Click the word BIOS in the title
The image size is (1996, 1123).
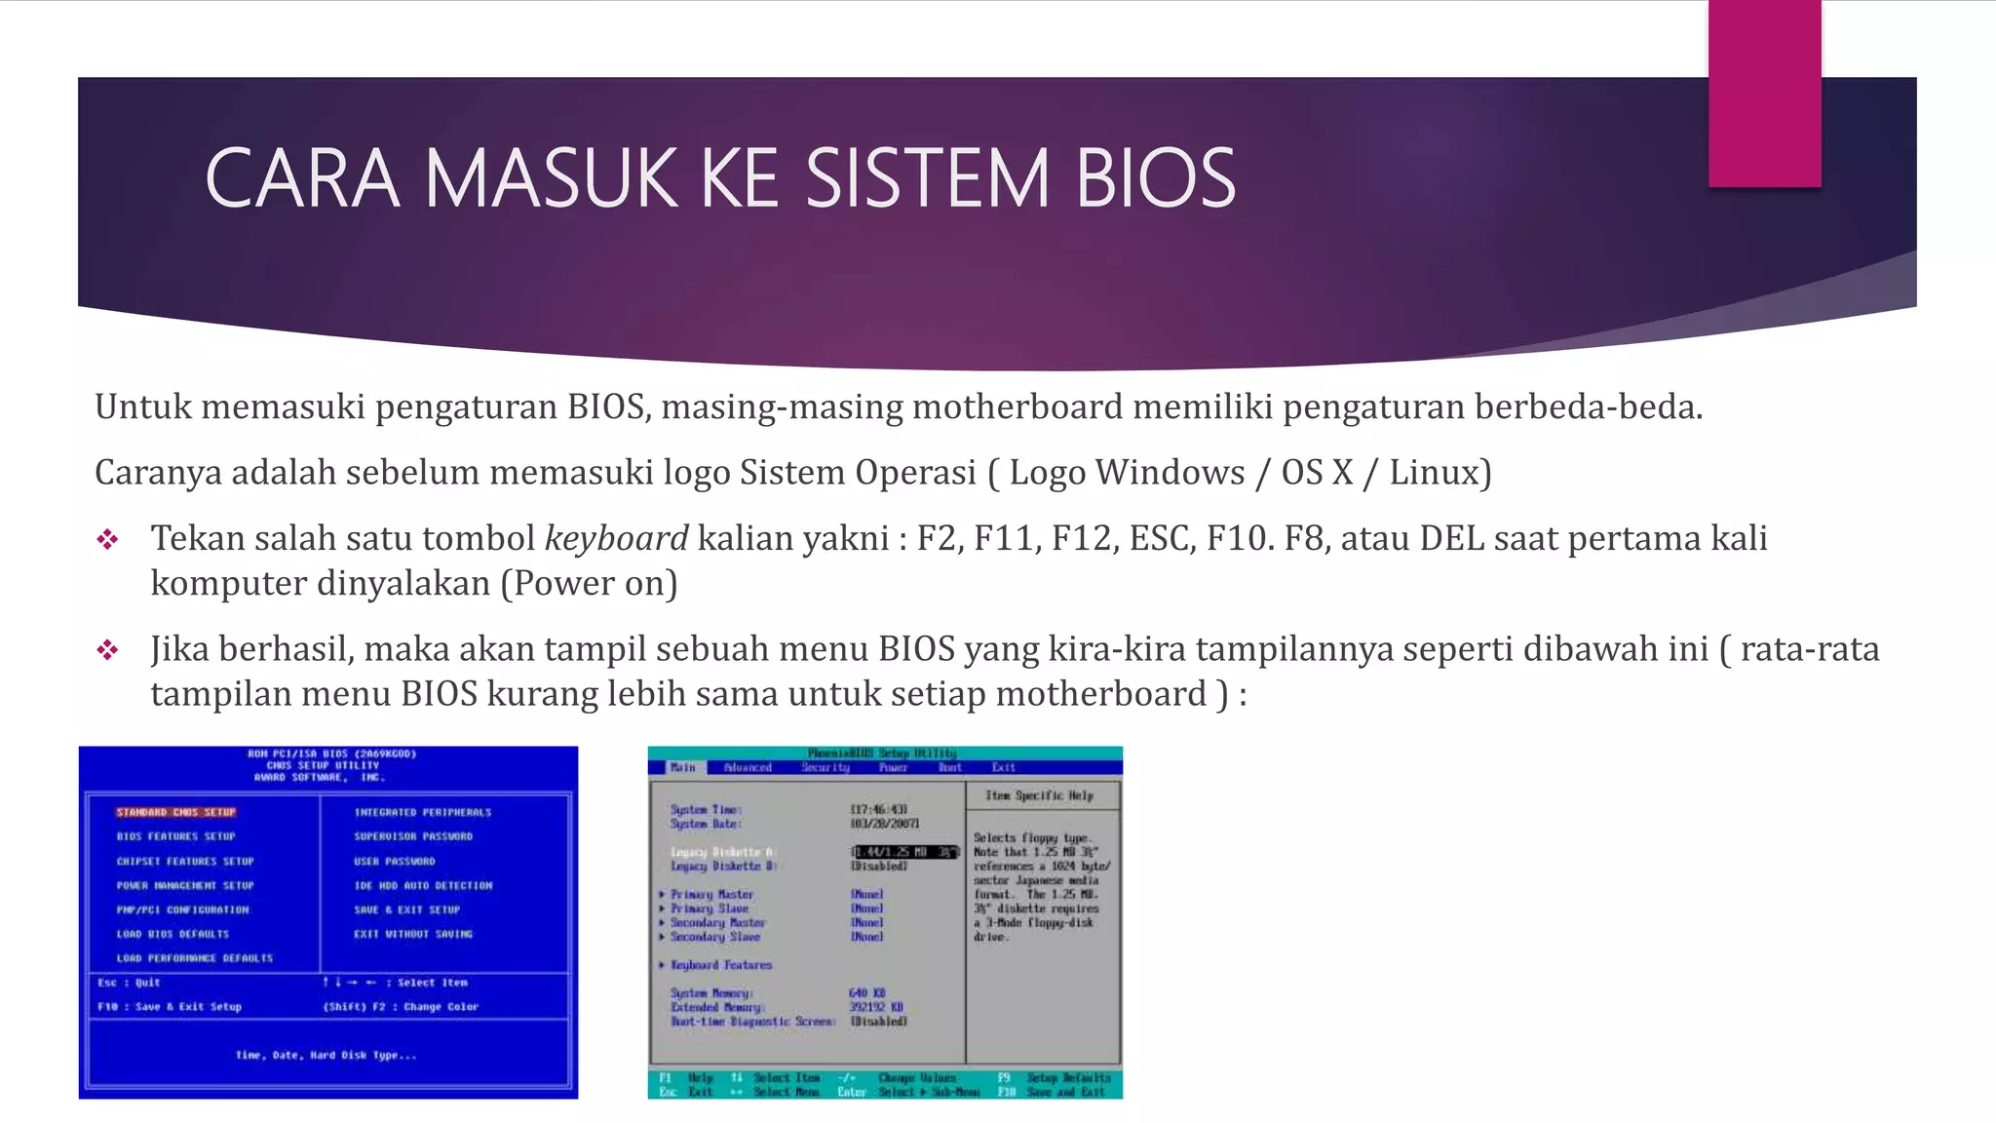point(1156,178)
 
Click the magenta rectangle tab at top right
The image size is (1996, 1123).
point(1764,93)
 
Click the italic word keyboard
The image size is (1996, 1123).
point(616,538)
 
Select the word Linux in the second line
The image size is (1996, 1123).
point(1434,473)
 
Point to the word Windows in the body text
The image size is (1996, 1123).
point(1170,473)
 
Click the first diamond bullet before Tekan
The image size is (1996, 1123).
point(107,539)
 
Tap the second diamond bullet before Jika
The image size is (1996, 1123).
point(107,650)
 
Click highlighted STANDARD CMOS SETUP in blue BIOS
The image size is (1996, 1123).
point(175,812)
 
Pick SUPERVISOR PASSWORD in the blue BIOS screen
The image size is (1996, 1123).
point(412,836)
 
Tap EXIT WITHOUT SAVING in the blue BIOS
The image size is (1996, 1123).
point(412,934)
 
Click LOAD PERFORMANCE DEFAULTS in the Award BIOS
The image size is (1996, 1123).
point(194,958)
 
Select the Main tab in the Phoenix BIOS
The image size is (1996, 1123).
point(683,767)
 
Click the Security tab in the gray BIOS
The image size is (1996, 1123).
point(825,767)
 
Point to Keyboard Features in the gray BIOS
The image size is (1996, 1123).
point(720,965)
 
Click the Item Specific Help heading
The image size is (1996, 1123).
point(1039,795)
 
